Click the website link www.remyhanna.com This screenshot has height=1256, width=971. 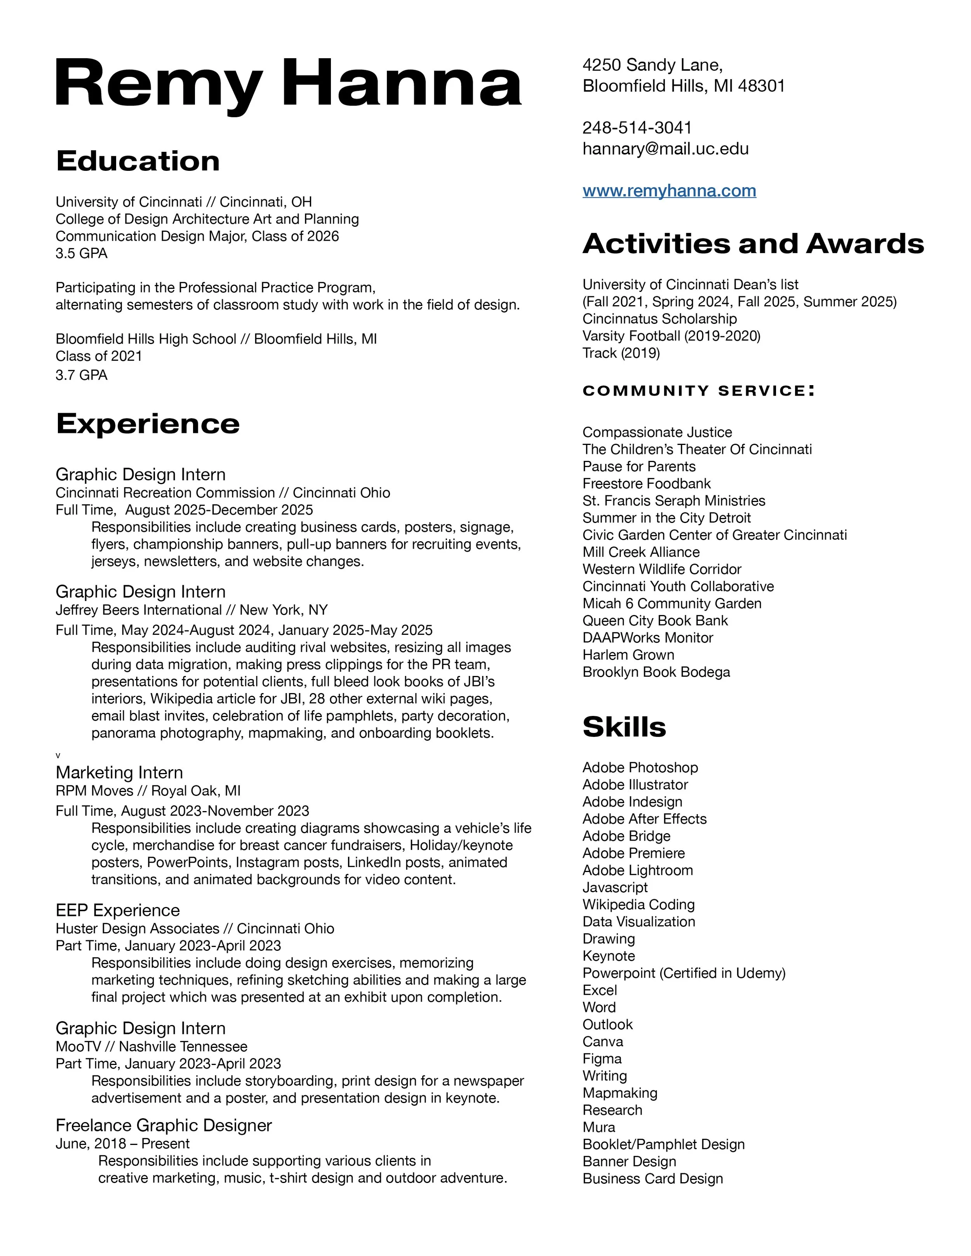(669, 191)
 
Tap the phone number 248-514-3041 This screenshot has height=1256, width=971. (637, 128)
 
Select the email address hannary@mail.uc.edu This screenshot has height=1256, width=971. (666, 149)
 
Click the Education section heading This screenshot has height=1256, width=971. (137, 161)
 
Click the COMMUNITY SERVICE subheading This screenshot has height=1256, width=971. (698, 391)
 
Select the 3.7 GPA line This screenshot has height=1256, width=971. (81, 375)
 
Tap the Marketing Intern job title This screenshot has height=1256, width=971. (119, 772)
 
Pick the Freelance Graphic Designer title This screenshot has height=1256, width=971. (164, 1126)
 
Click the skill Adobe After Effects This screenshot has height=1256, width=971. (644, 819)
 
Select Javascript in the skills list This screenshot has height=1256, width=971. (615, 888)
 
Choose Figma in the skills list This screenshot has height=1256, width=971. (602, 1059)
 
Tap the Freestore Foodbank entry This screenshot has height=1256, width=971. (647, 484)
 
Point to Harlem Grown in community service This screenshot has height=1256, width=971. (628, 655)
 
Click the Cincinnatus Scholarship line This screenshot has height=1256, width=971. (659, 319)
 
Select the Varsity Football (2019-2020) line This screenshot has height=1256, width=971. (671, 336)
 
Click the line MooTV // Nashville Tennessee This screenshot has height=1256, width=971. (151, 1047)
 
